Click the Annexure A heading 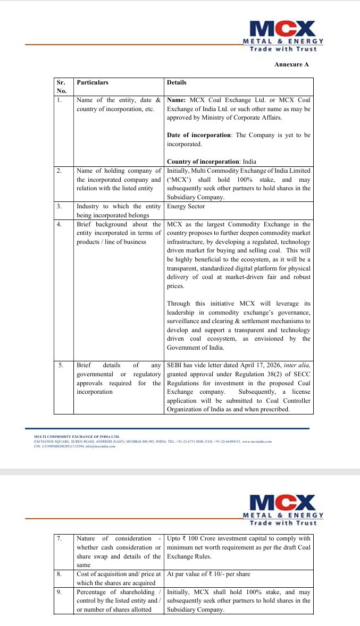point(291,64)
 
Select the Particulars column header point(93,83)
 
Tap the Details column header point(177,83)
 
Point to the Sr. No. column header point(61,87)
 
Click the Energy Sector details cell point(186,206)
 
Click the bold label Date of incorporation point(199,135)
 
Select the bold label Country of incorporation point(202,162)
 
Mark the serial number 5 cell point(61,366)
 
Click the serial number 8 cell point(60,574)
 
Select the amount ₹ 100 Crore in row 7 point(199,539)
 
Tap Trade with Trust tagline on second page point(283,522)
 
